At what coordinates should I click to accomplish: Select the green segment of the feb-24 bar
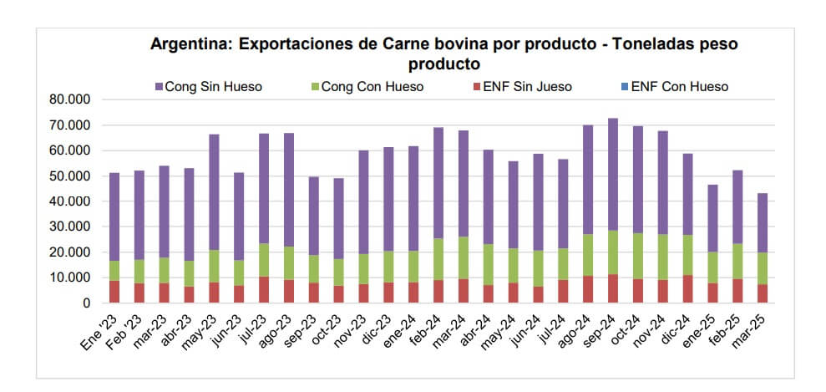pos(438,259)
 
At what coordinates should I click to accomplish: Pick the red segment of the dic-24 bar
pos(687,289)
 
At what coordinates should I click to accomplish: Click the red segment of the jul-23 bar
pos(263,290)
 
